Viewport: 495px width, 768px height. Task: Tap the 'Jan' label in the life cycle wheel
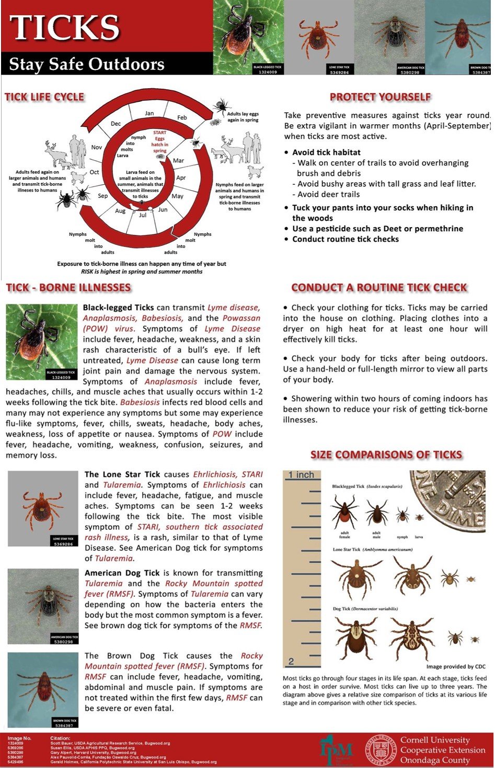click(x=149, y=113)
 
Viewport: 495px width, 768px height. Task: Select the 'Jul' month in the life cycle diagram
click(x=143, y=215)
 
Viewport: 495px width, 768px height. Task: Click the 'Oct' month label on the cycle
click(x=94, y=172)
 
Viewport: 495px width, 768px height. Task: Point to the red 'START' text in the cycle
click(x=159, y=133)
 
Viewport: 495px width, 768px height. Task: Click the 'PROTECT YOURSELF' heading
click(x=380, y=97)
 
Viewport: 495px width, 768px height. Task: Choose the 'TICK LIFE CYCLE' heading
click(x=44, y=97)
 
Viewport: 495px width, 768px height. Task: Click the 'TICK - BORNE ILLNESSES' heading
click(x=68, y=288)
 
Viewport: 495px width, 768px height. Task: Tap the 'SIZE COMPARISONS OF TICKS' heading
click(x=386, y=455)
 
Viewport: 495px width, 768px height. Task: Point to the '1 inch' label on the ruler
click(x=301, y=475)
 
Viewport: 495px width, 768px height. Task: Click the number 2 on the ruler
click(x=291, y=661)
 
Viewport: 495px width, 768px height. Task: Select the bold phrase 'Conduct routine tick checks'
click(x=345, y=239)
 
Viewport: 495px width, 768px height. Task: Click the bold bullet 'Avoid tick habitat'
click(x=326, y=152)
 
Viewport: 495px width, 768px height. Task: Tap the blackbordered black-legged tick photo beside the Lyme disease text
click(x=41, y=342)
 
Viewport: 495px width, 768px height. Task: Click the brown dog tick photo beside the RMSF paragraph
click(x=43, y=689)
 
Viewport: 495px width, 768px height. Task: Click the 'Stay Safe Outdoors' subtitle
click(x=87, y=64)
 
